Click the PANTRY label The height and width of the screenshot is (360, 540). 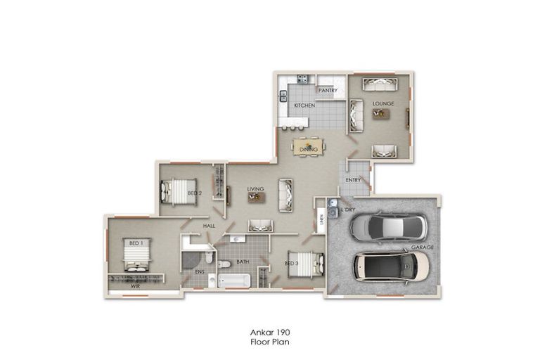pyautogui.click(x=328, y=90)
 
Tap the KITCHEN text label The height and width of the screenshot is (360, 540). pyautogui.click(x=304, y=105)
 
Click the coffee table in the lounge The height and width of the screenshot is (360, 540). pyautogui.click(x=381, y=113)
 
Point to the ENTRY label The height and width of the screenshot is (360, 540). pyautogui.click(x=353, y=180)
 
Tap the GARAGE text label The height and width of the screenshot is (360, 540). pyautogui.click(x=420, y=248)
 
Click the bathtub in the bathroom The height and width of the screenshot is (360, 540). pyautogui.click(x=233, y=281)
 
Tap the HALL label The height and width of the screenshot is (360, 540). pyautogui.click(x=209, y=225)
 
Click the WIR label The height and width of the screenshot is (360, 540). pyautogui.click(x=134, y=286)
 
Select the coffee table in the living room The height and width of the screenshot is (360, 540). pyautogui.click(x=255, y=198)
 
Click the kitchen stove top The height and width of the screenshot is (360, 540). pyautogui.click(x=302, y=79)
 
